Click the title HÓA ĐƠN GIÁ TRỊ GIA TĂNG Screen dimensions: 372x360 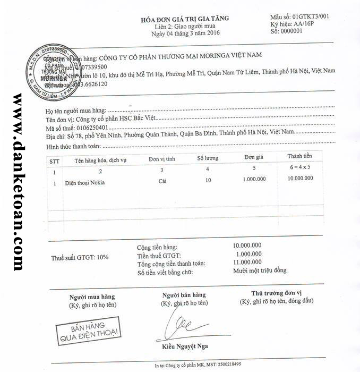coord(184,19)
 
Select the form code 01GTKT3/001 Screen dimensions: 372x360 coord(311,16)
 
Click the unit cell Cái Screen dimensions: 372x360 coord(163,181)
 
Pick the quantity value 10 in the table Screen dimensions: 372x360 coord(208,181)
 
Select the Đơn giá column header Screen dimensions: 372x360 coord(254,158)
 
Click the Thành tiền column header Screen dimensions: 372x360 coord(299,156)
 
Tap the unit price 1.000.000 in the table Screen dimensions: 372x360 coord(254,180)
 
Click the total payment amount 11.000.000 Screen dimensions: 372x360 coord(247,262)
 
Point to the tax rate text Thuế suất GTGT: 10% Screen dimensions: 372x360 coord(80,257)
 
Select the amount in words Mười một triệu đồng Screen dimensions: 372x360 coord(259,270)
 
